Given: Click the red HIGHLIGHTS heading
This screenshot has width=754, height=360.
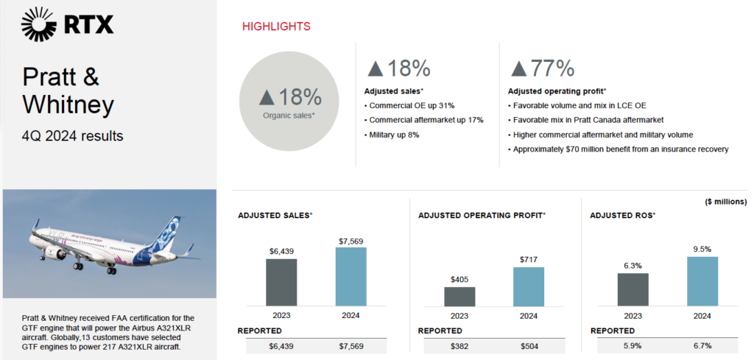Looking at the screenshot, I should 276,27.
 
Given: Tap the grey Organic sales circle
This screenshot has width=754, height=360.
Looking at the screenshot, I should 290,101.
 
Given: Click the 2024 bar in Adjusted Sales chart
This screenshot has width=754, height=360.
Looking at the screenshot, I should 350,276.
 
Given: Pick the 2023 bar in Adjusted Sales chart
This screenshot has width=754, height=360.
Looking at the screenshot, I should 281,282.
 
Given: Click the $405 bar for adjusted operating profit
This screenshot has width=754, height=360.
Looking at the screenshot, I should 459,296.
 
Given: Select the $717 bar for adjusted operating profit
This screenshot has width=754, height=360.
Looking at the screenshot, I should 529,286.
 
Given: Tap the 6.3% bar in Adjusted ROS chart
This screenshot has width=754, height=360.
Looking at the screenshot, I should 633,289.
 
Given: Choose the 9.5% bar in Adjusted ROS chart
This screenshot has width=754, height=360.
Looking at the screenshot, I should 702,280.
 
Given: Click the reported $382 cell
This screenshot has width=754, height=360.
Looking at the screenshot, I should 460,347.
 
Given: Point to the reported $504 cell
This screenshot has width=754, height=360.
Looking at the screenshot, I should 529,347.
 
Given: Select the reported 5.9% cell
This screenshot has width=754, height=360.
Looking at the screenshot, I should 633,347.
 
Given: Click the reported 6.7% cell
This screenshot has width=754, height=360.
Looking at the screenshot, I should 702,347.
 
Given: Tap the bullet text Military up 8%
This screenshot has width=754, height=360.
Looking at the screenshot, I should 393,135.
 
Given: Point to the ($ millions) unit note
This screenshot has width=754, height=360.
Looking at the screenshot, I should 725,202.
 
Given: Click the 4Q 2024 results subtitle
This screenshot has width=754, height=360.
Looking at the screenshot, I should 73,136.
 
